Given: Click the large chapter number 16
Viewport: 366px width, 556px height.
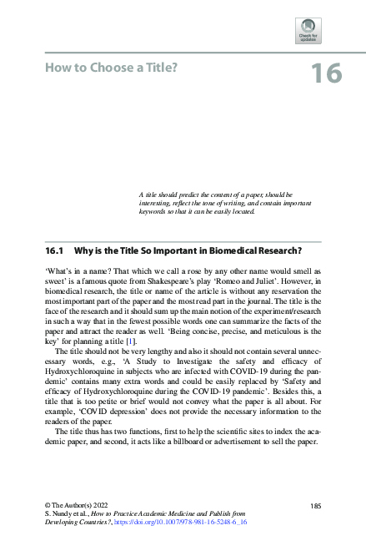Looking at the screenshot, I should (325, 73).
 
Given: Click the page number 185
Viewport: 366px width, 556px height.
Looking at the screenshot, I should (315, 505).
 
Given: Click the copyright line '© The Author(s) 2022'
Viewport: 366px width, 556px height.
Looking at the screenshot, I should (74, 505).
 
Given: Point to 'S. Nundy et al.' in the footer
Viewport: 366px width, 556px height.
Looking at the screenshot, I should (64, 513).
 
